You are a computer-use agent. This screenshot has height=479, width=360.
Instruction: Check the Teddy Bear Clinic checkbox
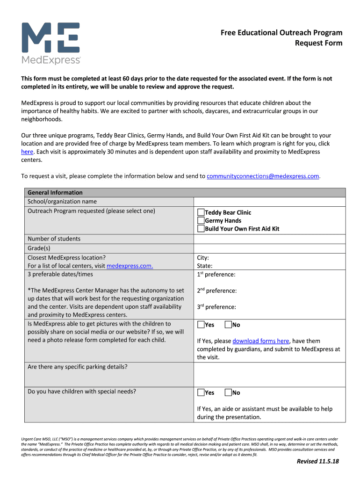[x=201, y=212]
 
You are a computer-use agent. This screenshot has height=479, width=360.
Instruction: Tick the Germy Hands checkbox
[x=201, y=220]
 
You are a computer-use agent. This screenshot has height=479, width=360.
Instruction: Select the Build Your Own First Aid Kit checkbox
[x=201, y=229]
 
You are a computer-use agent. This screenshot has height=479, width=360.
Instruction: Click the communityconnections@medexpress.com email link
[x=263, y=176]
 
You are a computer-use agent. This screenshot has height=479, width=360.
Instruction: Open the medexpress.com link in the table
[x=130, y=266]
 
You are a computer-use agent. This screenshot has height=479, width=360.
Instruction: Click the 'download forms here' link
[x=260, y=341]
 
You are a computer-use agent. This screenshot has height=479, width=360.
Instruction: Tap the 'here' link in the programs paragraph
[x=27, y=152]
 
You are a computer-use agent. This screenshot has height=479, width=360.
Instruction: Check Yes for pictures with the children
[x=201, y=325]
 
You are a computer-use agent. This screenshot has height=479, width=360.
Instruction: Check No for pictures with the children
[x=228, y=325]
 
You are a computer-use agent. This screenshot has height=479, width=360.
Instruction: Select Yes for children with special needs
[x=201, y=393]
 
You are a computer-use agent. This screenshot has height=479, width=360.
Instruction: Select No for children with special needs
[x=228, y=393]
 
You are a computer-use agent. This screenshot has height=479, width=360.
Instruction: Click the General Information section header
[x=55, y=192]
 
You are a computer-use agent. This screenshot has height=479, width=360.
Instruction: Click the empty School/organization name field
[x=269, y=202]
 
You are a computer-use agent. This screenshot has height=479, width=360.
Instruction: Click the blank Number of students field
[x=269, y=239]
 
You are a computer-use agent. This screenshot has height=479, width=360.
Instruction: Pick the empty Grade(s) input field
[x=269, y=248]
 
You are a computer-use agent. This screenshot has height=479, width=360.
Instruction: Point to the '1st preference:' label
[x=216, y=275]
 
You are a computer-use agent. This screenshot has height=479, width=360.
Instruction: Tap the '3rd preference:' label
[x=216, y=307]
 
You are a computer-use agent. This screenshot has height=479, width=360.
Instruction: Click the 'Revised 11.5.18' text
[x=317, y=462]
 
